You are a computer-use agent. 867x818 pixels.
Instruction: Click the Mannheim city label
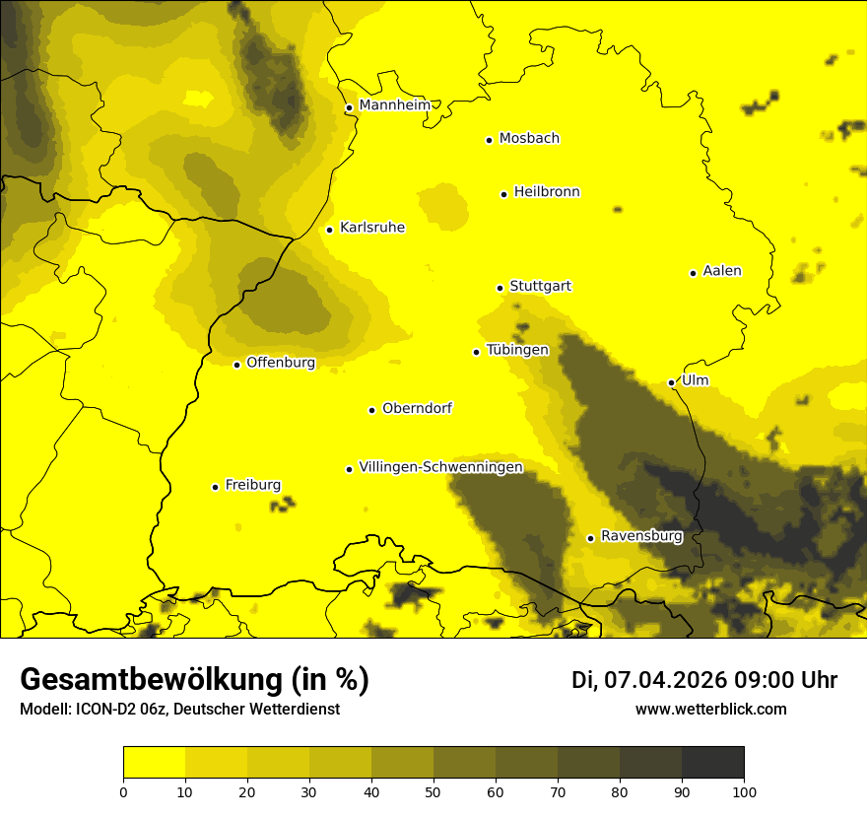point(394,105)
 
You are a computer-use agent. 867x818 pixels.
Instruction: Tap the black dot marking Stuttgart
point(500,288)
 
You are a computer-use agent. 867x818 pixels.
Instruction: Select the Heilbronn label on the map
point(547,192)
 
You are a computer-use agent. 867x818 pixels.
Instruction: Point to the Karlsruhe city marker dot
point(329,230)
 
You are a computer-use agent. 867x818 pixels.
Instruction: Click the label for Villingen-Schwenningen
point(440,467)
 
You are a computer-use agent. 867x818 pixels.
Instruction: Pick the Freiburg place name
point(252,485)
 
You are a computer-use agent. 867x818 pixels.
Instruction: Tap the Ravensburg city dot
point(590,538)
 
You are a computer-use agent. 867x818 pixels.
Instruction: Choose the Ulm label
point(695,380)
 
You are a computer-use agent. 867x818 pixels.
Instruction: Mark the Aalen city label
point(722,271)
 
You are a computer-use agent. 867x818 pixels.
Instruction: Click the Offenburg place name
point(281,363)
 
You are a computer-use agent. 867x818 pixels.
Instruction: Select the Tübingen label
point(517,350)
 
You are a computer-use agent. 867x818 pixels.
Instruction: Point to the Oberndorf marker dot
point(371,410)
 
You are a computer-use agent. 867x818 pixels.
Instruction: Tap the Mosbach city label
point(529,139)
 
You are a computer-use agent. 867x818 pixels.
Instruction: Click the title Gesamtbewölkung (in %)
point(194,680)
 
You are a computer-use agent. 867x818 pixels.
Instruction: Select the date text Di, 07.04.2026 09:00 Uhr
point(704,680)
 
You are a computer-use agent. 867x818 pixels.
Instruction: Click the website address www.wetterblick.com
point(710,709)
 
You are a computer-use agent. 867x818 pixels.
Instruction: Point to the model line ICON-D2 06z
point(179,709)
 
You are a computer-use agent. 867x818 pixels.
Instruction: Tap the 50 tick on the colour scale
point(433,791)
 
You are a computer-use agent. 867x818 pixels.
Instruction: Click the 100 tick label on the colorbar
point(744,791)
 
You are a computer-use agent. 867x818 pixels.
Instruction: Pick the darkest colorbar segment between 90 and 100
point(712,763)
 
